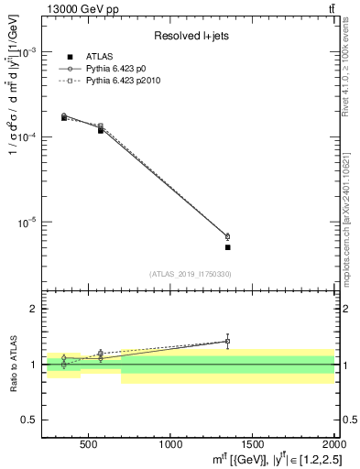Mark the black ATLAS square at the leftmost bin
click(x=63, y=118)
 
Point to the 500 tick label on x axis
click(x=89, y=443)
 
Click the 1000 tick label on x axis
click(x=169, y=443)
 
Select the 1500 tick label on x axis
click(x=252, y=443)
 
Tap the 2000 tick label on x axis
click(x=333, y=443)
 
